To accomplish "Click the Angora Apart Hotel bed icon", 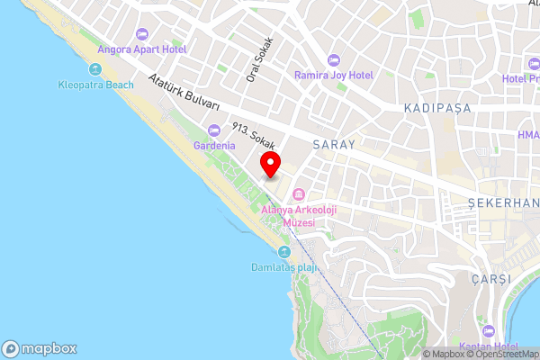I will tap(140, 34).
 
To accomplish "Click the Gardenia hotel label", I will tap(214, 145).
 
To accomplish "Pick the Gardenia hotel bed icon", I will tap(214, 130).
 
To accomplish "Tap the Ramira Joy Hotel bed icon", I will tap(334, 60).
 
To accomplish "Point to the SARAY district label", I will tap(334, 144).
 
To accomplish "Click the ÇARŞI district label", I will tap(490, 279).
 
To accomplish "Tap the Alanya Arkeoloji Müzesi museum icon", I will tap(299, 194).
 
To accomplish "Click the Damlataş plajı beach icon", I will tap(284, 252).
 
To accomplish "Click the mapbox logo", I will tap(40, 348).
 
